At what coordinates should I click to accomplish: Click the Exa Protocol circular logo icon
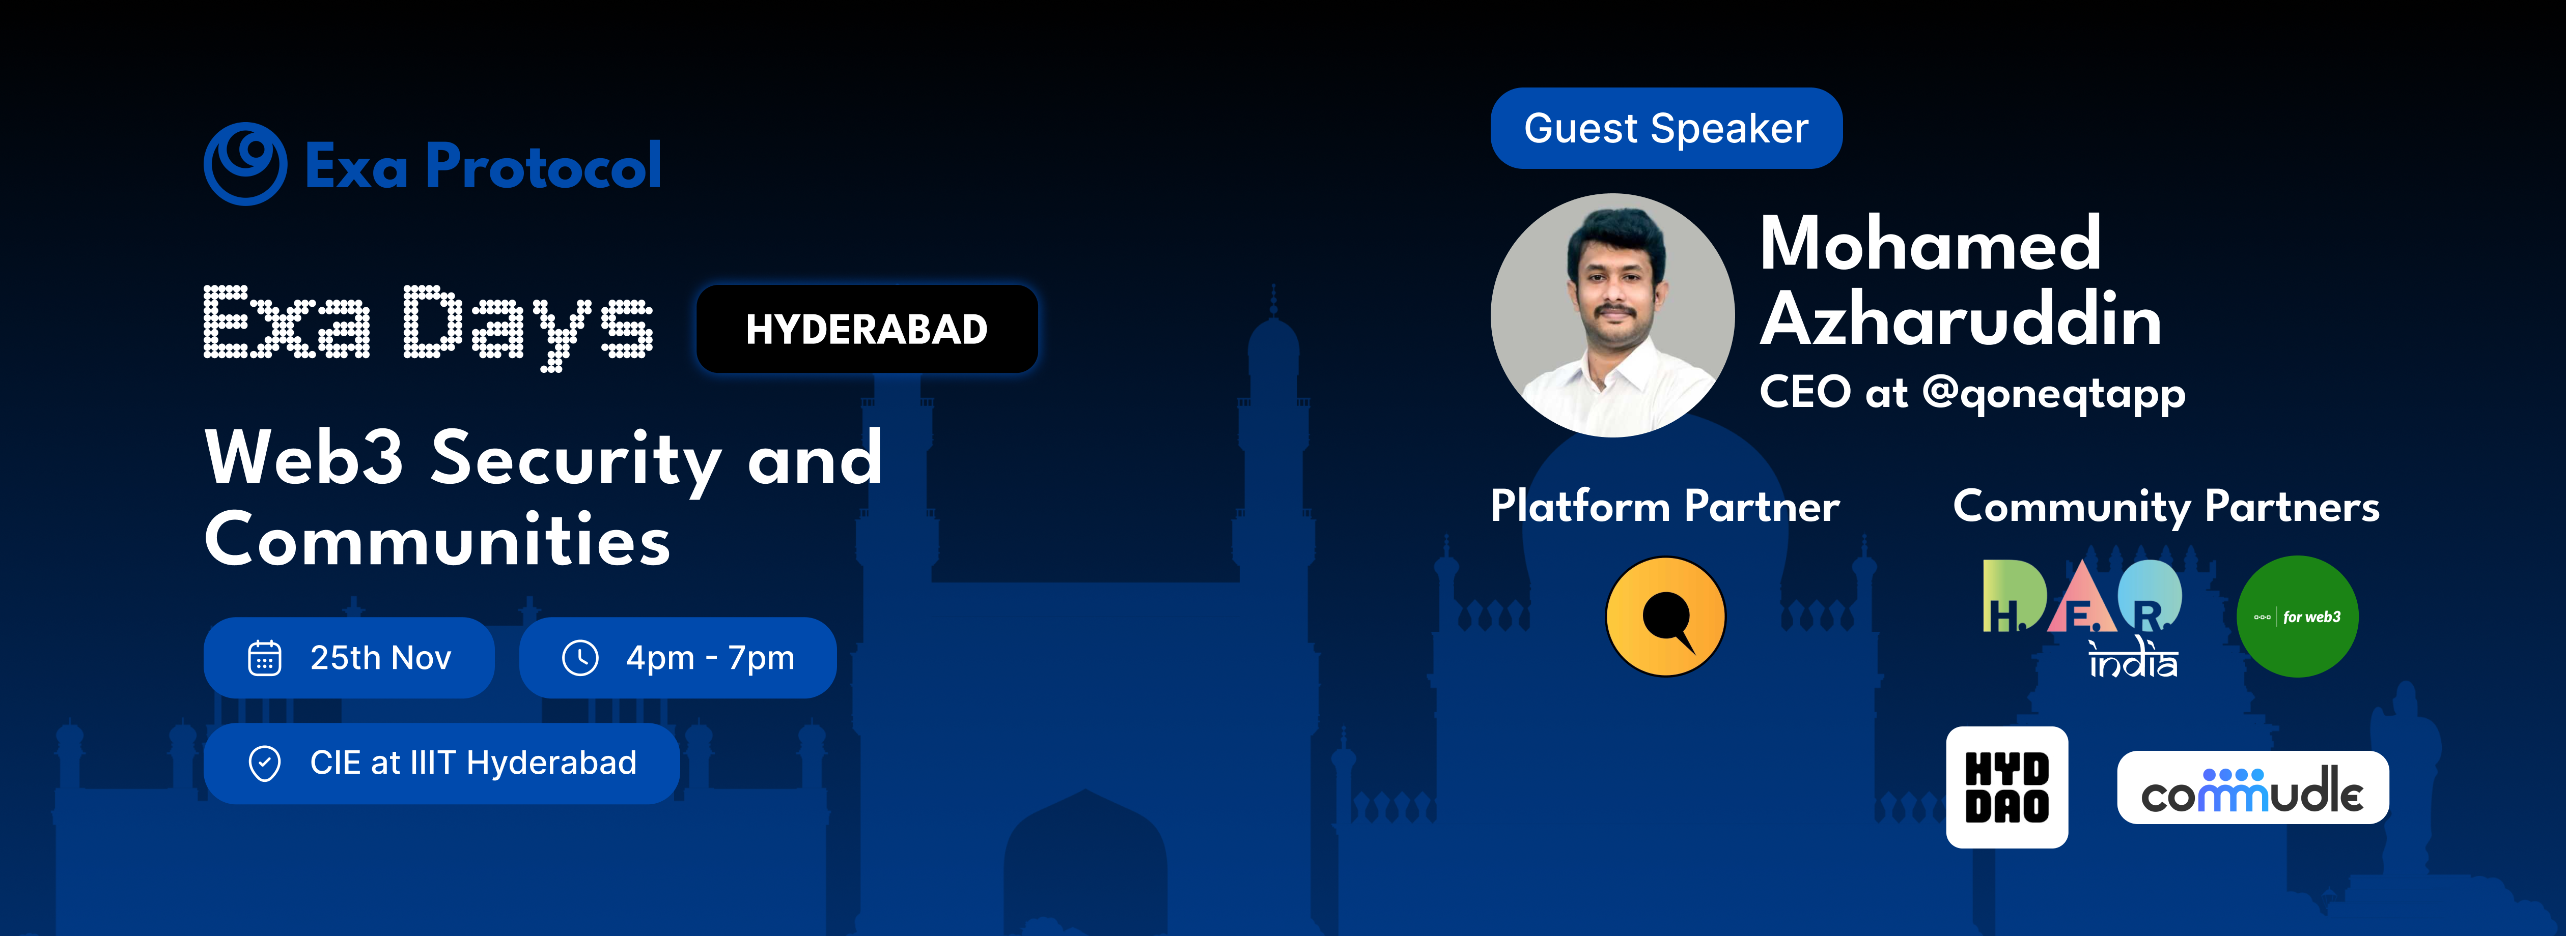pyautogui.click(x=245, y=164)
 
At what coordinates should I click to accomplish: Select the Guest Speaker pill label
pyautogui.click(x=1665, y=129)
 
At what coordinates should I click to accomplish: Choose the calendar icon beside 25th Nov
pyautogui.click(x=264, y=658)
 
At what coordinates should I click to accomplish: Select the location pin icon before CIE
pyautogui.click(x=264, y=764)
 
